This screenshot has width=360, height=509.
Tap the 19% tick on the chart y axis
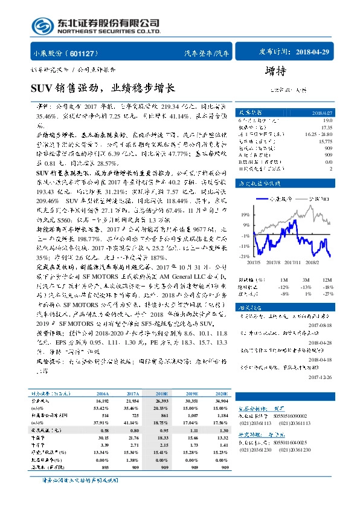[x=244, y=214]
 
